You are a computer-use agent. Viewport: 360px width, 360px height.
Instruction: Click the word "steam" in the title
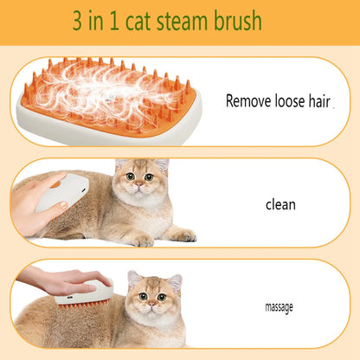coord(182,21)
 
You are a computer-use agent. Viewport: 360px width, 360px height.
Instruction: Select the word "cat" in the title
coord(138,22)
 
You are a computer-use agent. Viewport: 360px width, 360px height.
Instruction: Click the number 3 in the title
coord(77,20)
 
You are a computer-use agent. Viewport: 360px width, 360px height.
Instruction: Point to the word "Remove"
coord(248,101)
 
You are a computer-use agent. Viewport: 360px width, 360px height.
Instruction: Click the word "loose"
coord(290,101)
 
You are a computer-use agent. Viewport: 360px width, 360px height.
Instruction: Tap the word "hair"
coord(319,101)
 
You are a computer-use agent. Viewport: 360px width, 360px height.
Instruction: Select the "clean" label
coord(280,204)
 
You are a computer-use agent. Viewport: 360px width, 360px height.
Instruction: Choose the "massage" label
coord(279,307)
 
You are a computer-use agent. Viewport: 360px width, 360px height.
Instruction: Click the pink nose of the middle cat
coord(139,184)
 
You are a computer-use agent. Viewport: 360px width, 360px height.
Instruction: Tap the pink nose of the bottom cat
coord(151,305)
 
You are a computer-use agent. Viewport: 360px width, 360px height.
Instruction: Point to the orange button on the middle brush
coord(55,183)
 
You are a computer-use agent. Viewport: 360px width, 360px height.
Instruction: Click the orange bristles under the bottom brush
coord(84,304)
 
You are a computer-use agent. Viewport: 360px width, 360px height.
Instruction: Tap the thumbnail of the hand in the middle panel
coord(62,205)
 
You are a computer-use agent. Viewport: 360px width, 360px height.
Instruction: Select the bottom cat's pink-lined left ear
coord(133,279)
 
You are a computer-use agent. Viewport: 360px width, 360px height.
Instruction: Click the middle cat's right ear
coord(162,164)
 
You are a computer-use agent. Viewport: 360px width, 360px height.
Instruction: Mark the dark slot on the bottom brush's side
coord(70,297)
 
